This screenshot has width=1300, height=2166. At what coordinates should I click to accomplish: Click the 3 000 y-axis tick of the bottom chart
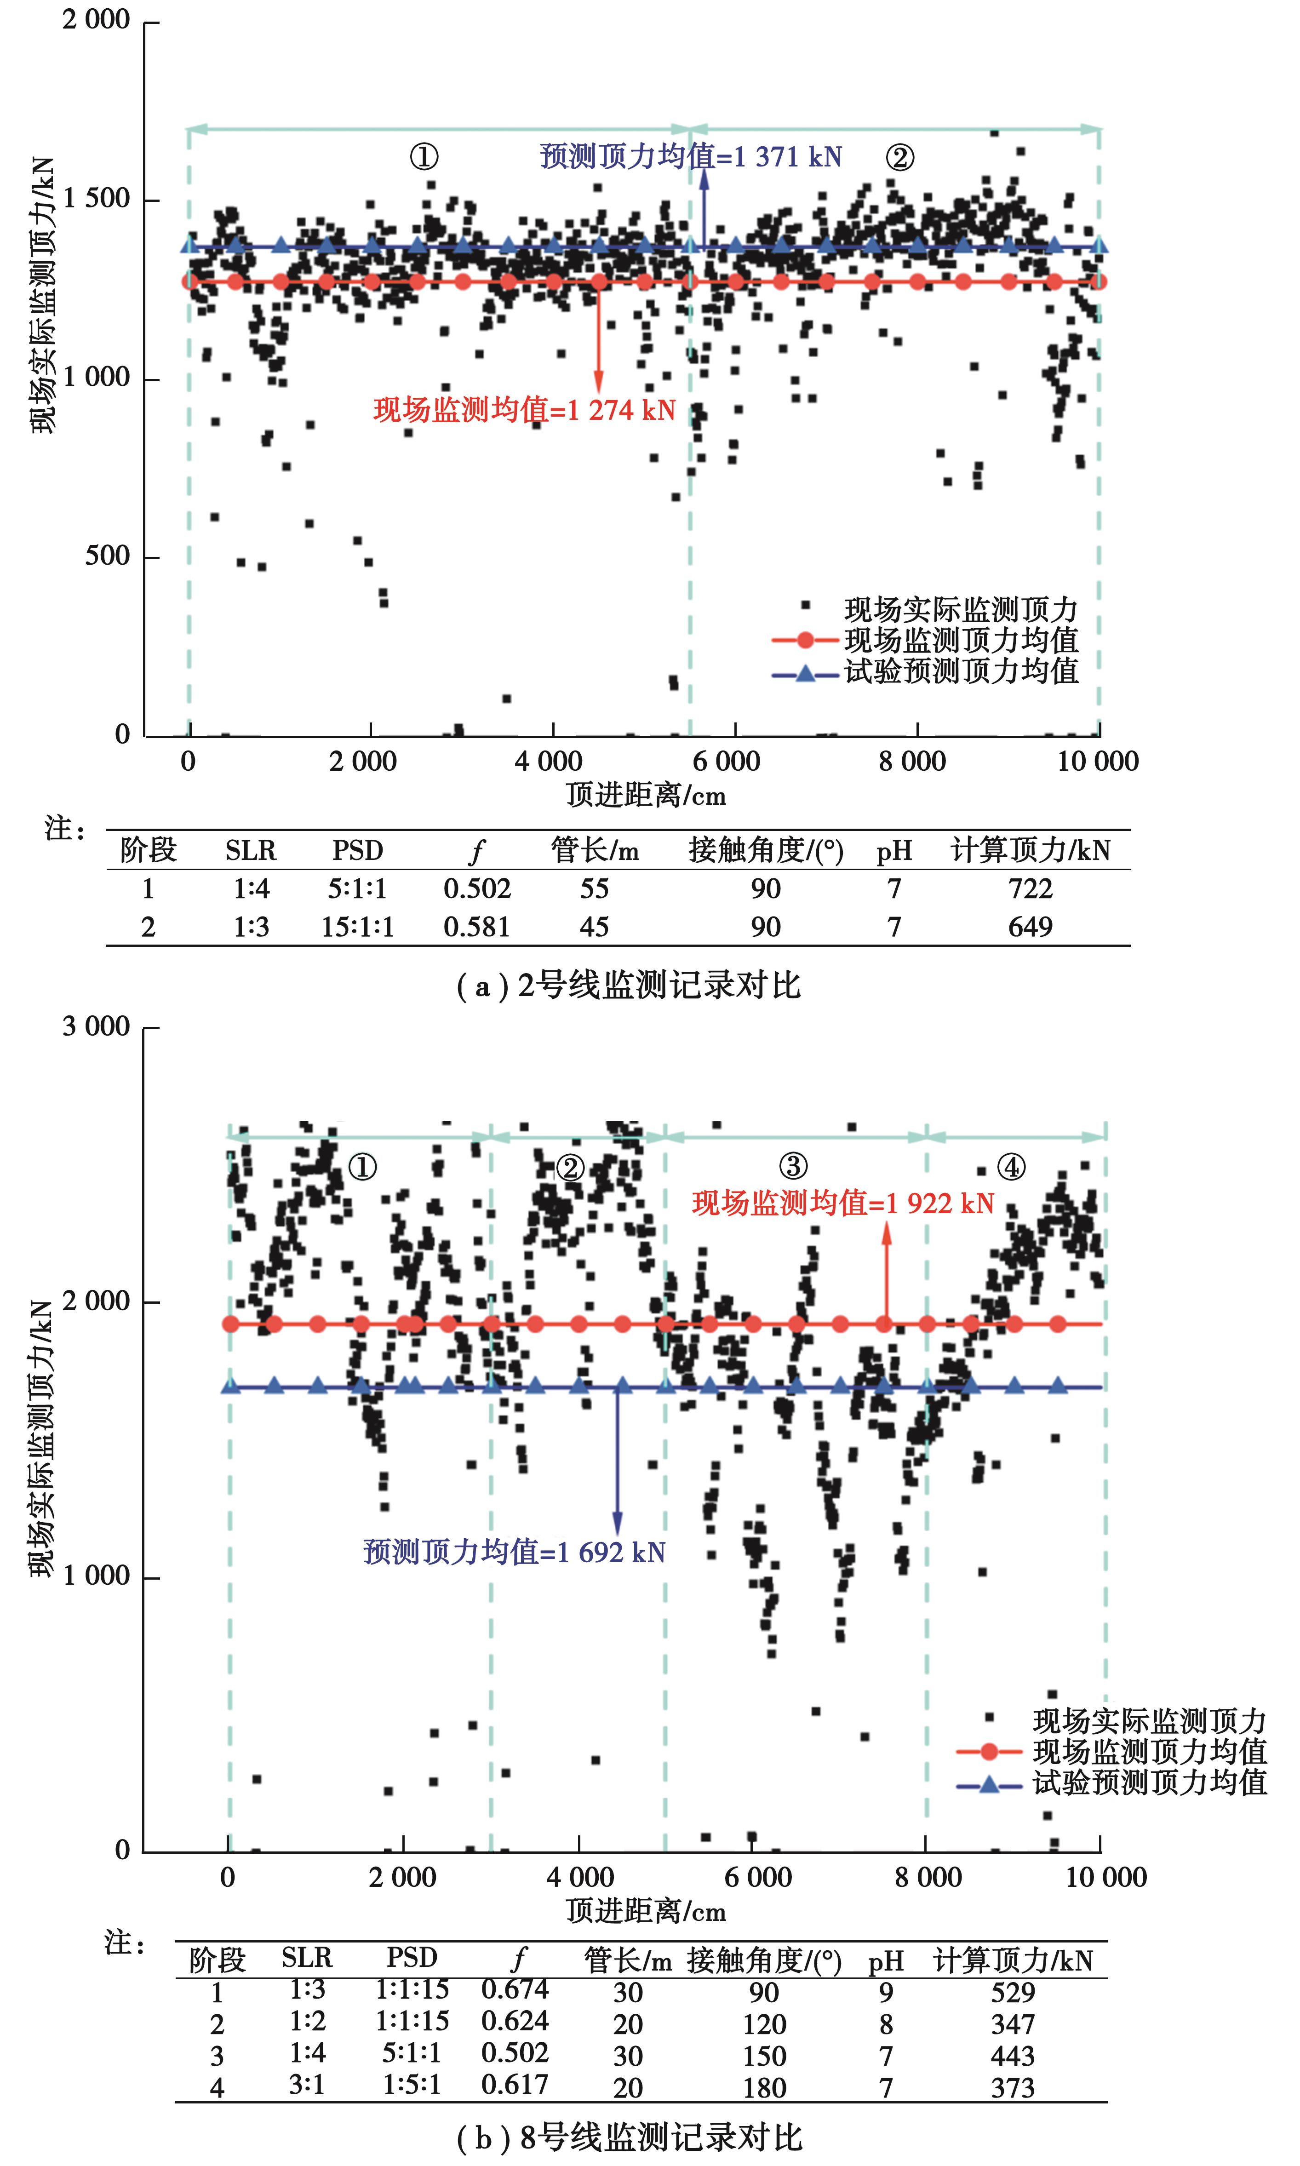(x=96, y=1026)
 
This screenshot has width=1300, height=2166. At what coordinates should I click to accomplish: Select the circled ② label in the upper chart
(x=899, y=158)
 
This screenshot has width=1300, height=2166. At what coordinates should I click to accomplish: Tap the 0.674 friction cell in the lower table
(x=515, y=1989)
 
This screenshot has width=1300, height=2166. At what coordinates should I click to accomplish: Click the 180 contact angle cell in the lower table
(x=765, y=2088)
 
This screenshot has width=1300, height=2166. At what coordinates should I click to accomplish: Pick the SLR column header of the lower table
(x=307, y=1958)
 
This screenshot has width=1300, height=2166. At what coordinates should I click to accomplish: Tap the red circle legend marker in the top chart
(x=805, y=640)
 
